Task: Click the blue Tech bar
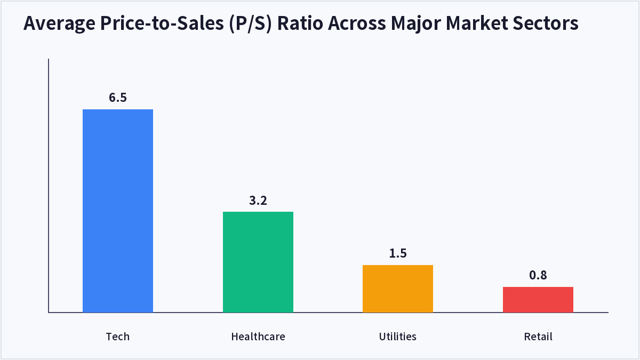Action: click(118, 211)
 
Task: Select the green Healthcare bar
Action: click(258, 262)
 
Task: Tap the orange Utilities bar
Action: click(398, 289)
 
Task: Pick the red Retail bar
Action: click(538, 299)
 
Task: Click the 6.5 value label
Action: click(118, 98)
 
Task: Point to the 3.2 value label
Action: click(258, 201)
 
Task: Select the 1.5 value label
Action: click(398, 253)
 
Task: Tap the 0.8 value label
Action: click(538, 275)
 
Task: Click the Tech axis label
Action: click(118, 337)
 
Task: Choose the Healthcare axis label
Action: click(258, 337)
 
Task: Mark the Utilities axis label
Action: click(398, 337)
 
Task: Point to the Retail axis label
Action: click(538, 337)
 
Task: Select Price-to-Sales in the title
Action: click(162, 23)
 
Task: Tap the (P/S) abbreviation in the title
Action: click(250, 23)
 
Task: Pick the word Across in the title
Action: click(357, 23)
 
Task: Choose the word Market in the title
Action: click(477, 23)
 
